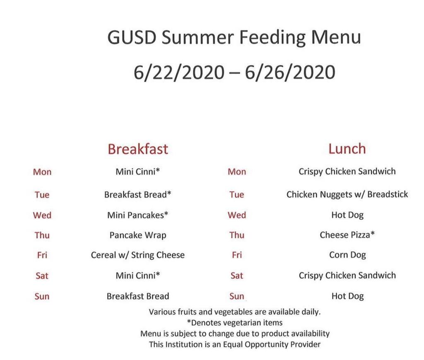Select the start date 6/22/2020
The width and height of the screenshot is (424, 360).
point(179,72)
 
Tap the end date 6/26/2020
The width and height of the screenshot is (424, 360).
point(290,72)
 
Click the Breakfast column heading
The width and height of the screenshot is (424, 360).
point(138,149)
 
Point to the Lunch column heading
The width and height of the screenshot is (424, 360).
point(347,149)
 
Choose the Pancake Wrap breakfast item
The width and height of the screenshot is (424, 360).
point(138,235)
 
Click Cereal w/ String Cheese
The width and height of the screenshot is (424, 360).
point(138,255)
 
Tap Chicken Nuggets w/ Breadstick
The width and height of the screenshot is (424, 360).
point(347,194)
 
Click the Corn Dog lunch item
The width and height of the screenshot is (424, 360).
point(347,255)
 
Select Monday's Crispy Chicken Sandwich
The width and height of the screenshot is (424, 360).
point(347,172)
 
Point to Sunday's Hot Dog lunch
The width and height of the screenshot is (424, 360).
point(347,297)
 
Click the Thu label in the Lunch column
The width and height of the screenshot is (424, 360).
point(237,235)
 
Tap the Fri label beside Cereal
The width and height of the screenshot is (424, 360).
point(42,255)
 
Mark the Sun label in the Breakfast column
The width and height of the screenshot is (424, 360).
point(42,297)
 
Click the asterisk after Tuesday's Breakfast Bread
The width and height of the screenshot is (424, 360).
point(169,193)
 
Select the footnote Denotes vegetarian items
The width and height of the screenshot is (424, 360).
point(235,323)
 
